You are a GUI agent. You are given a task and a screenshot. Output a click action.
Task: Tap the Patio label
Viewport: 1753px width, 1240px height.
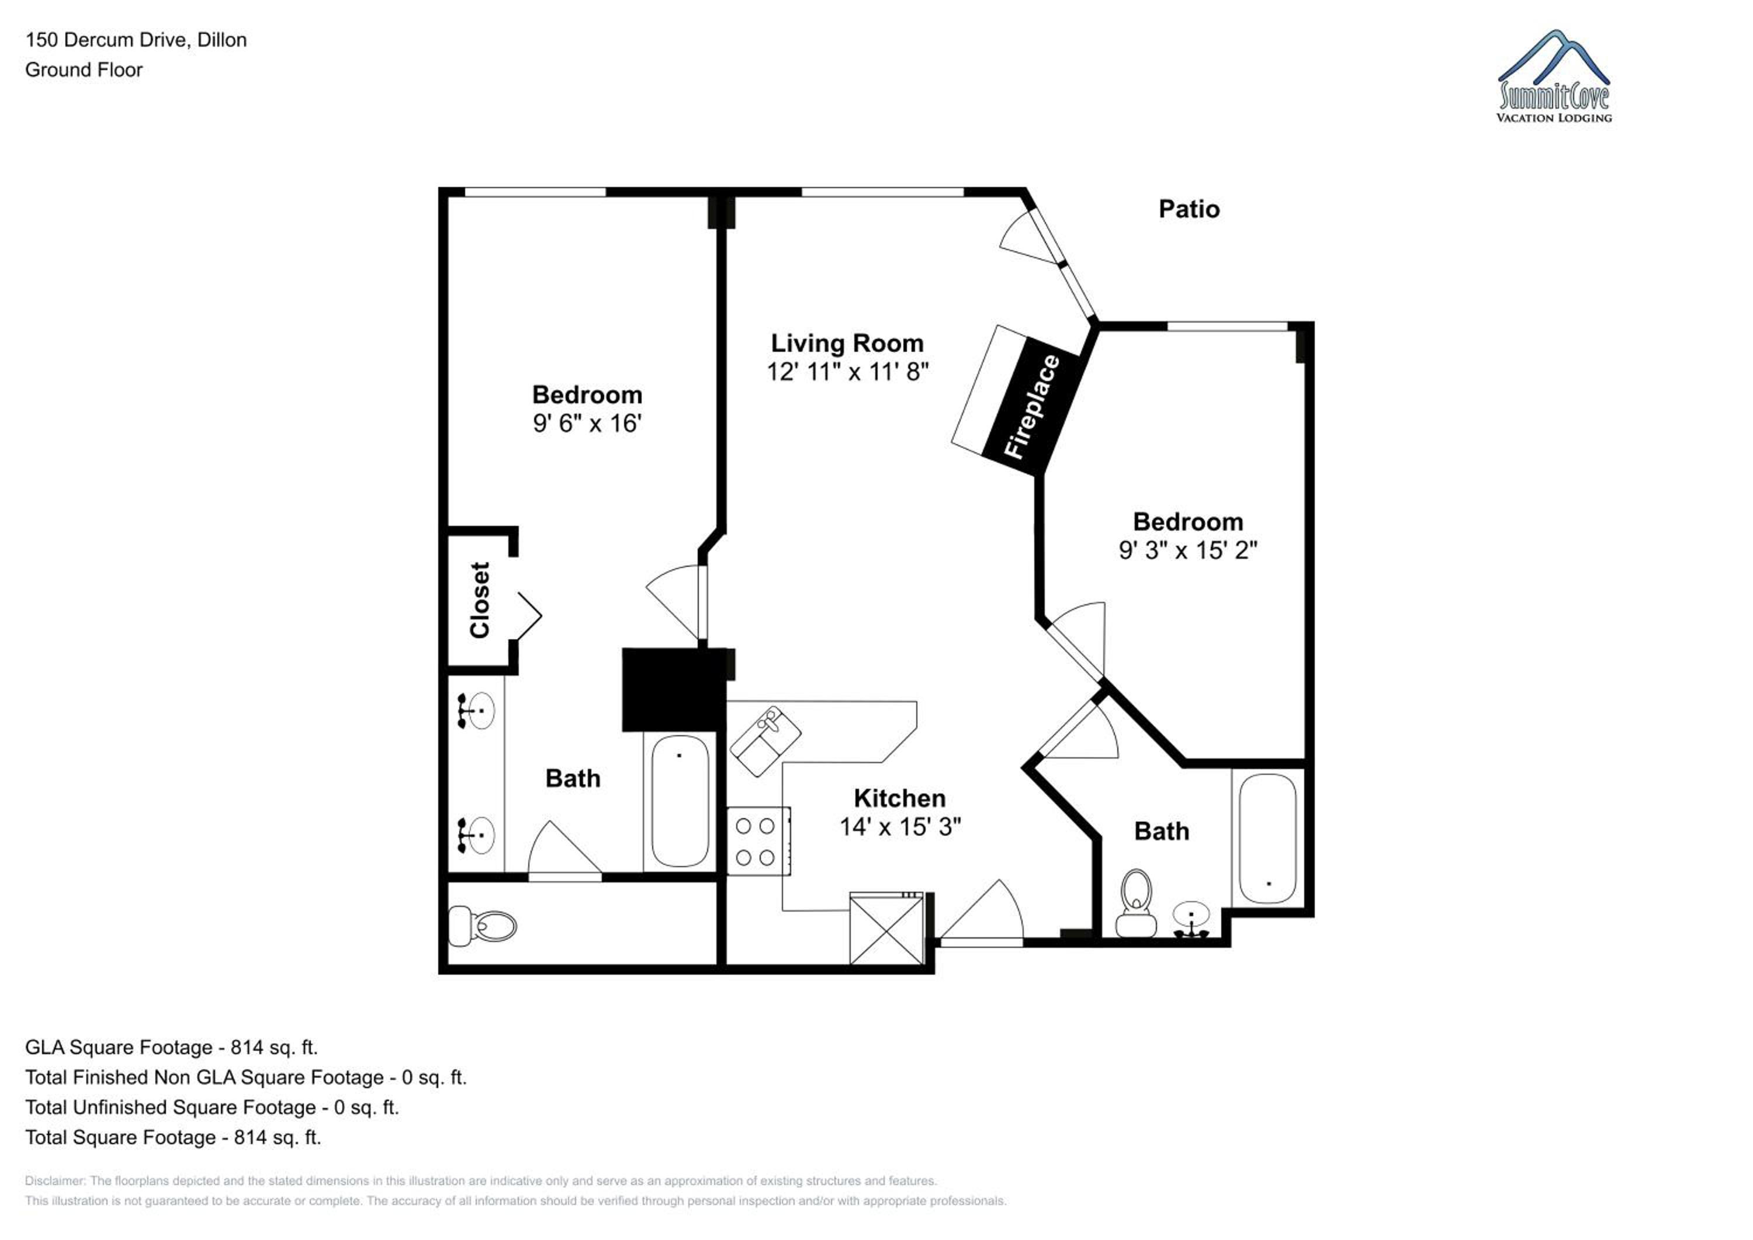[1189, 209]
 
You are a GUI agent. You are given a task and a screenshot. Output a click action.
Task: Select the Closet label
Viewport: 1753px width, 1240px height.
[480, 600]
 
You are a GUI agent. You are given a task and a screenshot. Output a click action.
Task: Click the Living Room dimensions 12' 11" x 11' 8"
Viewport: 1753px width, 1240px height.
[847, 372]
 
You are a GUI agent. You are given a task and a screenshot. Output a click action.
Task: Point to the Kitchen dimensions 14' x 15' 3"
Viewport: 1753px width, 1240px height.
[900, 827]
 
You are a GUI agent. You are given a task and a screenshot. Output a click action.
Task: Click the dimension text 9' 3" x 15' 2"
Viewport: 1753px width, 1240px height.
[1188, 550]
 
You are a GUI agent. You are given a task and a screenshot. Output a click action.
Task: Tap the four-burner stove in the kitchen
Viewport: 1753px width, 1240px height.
[758, 841]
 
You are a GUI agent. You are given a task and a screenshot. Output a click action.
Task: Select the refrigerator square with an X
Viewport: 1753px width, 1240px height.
[886, 928]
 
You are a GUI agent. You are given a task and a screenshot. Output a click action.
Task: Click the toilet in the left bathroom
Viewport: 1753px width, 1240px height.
[481, 926]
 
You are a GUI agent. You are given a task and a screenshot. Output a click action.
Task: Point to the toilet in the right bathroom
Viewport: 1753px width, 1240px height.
[1136, 902]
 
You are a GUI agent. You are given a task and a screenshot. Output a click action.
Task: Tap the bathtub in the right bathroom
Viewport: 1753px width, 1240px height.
[1267, 839]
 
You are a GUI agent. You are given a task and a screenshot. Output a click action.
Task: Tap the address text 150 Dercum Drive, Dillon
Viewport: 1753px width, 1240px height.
[136, 40]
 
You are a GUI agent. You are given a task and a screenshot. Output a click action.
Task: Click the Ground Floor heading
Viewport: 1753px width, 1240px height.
[84, 70]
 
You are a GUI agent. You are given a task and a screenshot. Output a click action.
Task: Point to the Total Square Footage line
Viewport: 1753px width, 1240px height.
[174, 1138]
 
